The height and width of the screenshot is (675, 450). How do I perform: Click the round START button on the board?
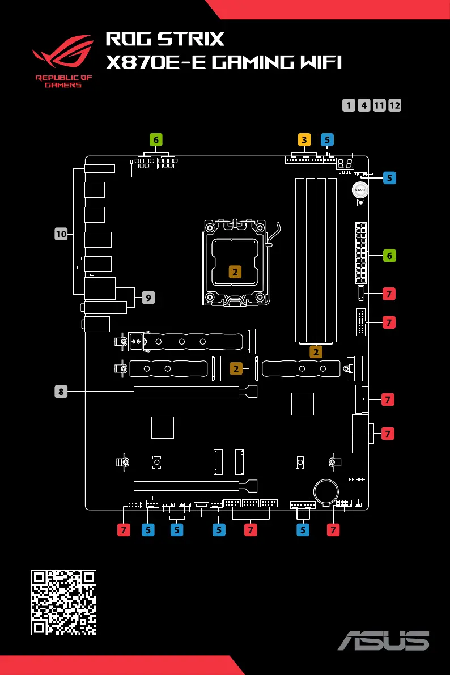360,190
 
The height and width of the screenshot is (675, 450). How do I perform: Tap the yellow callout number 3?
304,139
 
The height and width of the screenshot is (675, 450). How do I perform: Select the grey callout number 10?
61,234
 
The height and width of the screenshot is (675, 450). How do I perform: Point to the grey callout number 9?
148,298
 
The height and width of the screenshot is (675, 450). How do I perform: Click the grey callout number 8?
61,391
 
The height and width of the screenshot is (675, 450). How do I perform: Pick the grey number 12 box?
394,105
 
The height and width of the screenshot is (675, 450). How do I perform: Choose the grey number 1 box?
349,105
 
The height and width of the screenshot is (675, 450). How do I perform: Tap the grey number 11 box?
379,105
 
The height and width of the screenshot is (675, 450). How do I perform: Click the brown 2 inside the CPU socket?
235,271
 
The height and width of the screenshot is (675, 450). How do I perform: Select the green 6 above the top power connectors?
156,139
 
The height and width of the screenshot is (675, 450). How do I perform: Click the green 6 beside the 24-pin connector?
389,256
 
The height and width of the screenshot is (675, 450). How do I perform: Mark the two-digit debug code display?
345,164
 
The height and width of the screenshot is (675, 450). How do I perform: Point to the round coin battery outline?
326,491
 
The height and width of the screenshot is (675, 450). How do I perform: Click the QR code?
63,602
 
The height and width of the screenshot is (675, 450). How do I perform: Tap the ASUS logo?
384,640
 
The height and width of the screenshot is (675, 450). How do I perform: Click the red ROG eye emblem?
63,52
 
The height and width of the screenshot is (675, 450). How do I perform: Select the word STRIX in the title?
191,39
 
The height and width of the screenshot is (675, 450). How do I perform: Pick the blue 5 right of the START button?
389,178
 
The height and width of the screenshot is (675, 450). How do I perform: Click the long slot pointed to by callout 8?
196,391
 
